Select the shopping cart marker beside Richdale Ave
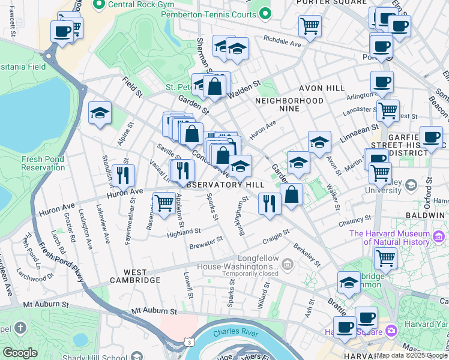[x=310, y=25]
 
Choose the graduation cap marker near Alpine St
[x=100, y=113]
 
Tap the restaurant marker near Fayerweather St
[x=123, y=175]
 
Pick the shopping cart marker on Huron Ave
[x=164, y=203]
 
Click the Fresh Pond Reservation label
[x=43, y=163]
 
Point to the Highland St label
[x=184, y=231]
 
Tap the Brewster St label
[x=206, y=242]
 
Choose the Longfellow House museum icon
[x=288, y=264]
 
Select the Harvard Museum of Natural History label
[x=390, y=238]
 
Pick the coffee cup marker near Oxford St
[x=430, y=136]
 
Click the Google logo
[x=20, y=353]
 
